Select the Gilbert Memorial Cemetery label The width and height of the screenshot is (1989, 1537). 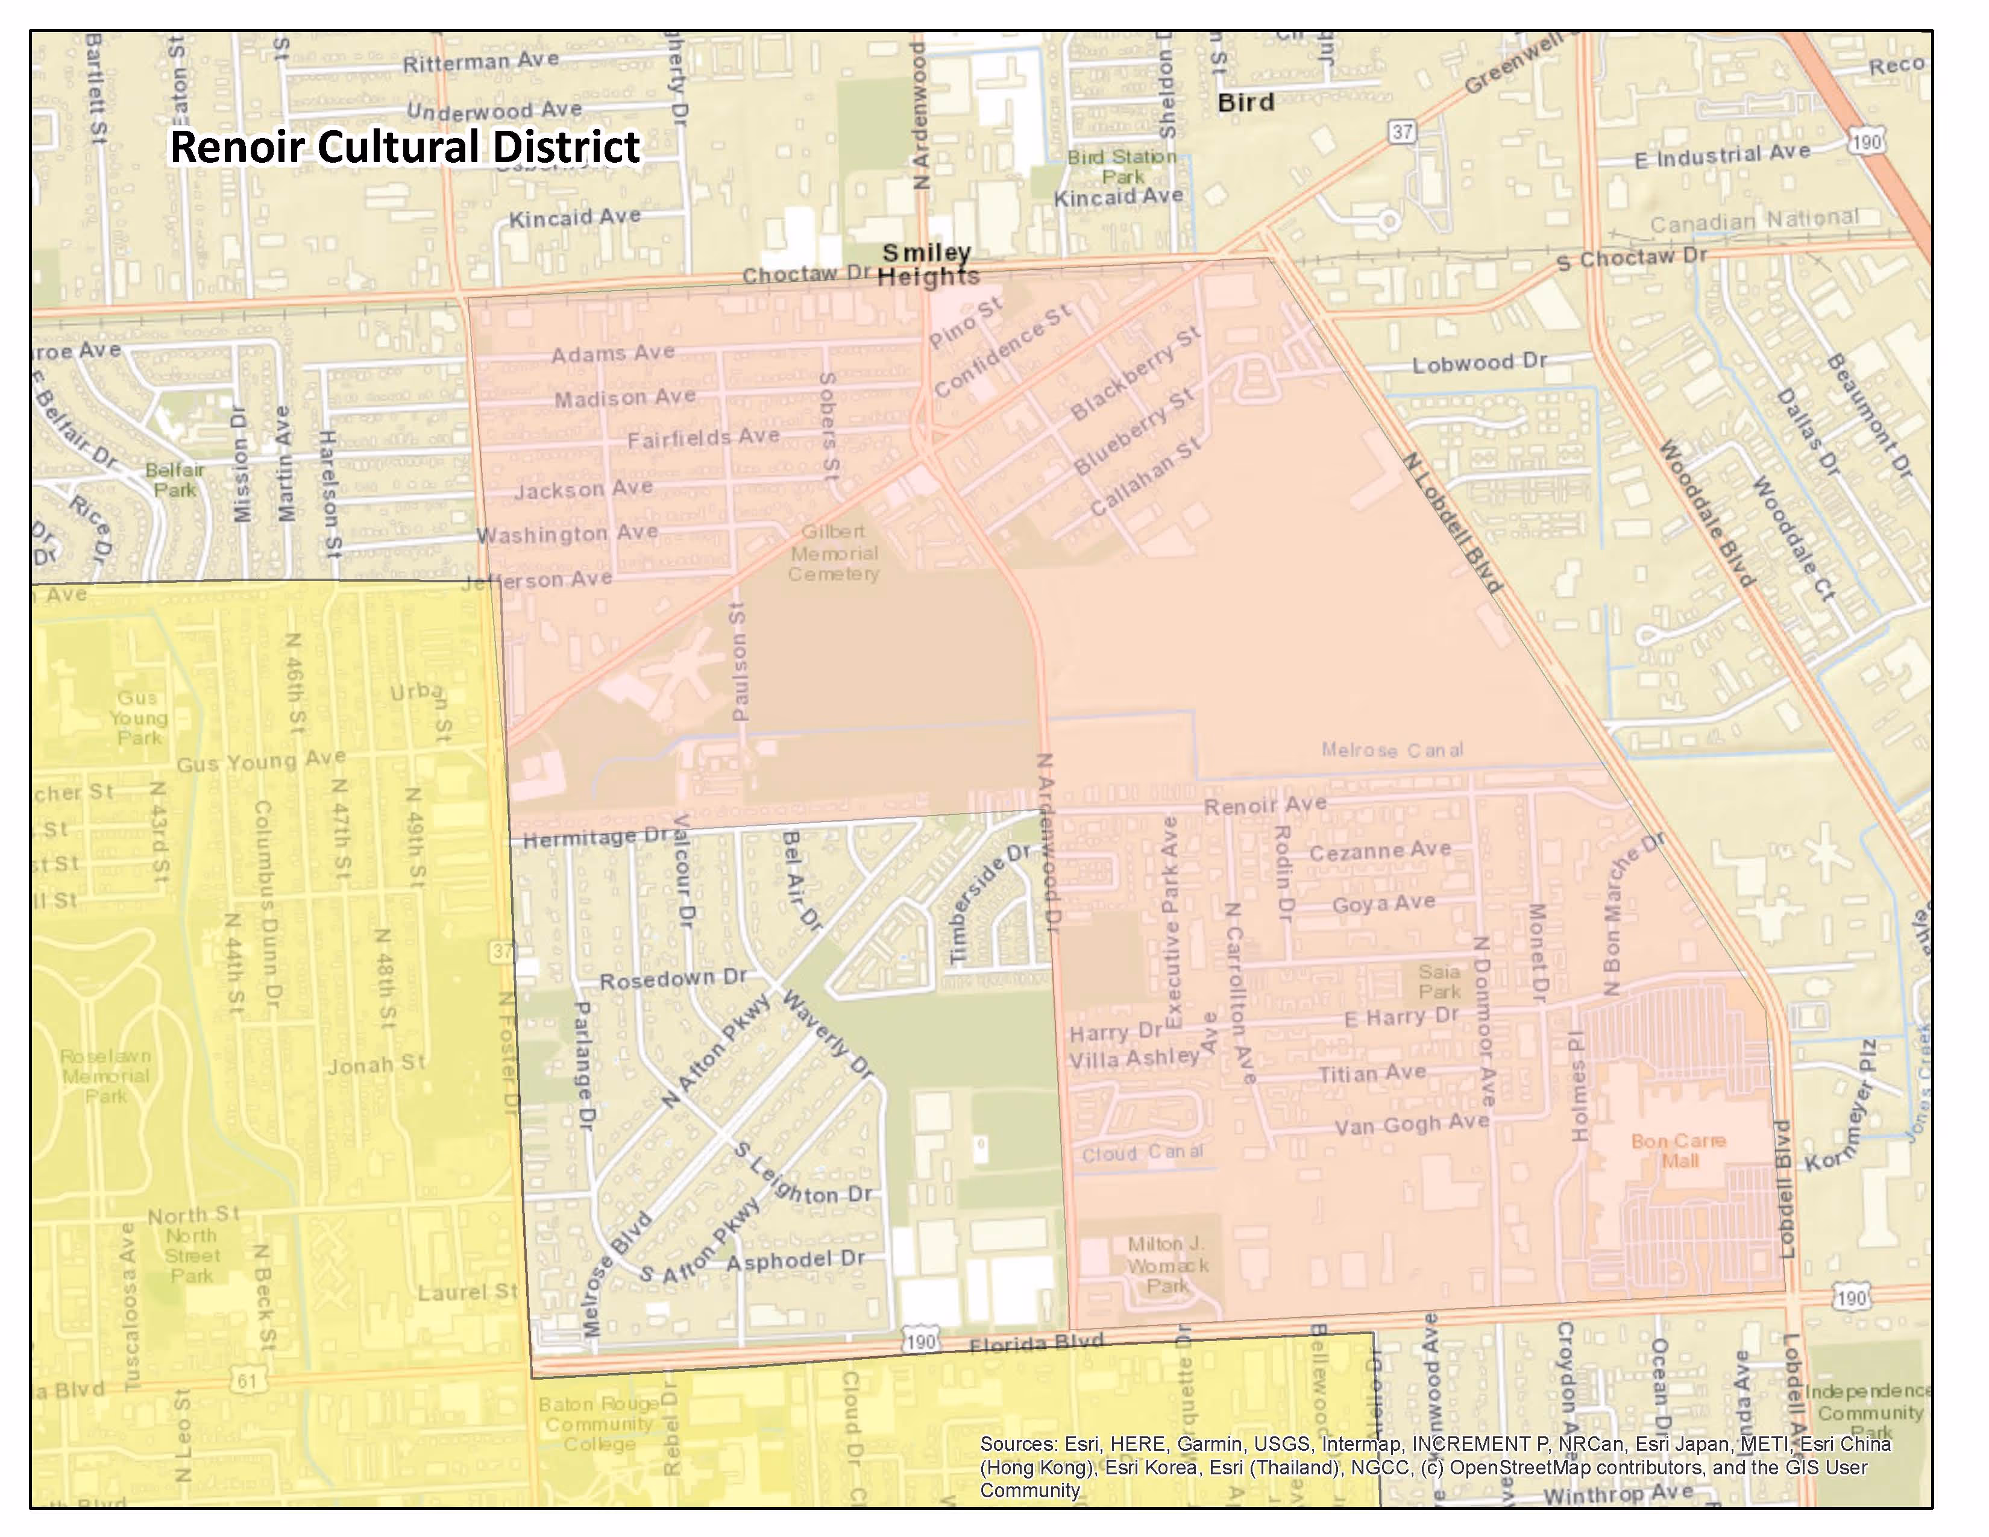coord(834,553)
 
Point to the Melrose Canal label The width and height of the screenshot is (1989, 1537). coord(1392,750)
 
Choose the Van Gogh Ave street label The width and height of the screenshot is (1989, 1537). coord(1412,1125)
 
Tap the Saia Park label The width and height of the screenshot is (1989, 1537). coord(1439,981)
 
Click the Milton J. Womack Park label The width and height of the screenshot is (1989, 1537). coord(1167,1265)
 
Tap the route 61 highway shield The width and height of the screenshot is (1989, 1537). coord(247,1380)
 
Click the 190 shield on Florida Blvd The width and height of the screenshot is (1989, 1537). coord(921,1341)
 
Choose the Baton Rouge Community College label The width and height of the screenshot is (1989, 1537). coord(599,1424)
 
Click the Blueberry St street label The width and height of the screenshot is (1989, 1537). coord(1133,432)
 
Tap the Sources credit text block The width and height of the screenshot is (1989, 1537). coord(1434,1467)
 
